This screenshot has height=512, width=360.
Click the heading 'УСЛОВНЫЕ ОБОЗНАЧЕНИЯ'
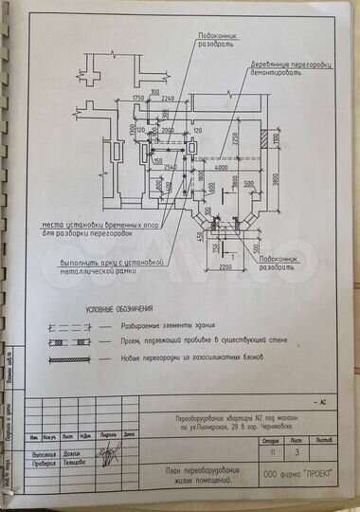pos(118,310)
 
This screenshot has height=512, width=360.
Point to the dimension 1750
pos(138,99)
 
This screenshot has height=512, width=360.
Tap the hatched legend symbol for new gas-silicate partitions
pos(69,357)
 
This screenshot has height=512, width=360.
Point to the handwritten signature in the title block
pos(111,453)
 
